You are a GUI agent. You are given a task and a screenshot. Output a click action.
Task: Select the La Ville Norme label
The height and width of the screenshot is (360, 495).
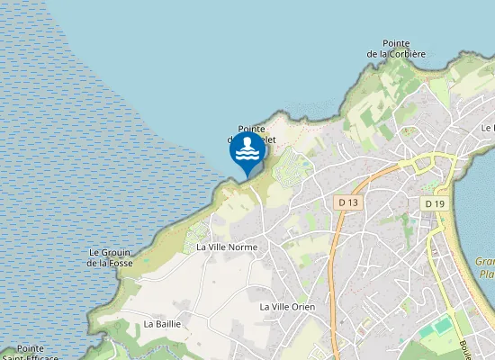point(227,247)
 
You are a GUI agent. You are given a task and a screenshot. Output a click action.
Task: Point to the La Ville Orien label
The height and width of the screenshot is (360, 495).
point(288,307)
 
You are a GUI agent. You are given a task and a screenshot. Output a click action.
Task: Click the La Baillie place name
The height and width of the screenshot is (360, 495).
point(163,323)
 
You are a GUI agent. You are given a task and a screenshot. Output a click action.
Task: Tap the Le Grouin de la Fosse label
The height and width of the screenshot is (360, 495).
point(110,257)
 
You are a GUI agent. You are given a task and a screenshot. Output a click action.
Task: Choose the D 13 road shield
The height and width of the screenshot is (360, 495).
point(348,203)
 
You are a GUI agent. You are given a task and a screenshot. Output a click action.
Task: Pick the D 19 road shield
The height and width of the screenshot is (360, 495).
point(435,204)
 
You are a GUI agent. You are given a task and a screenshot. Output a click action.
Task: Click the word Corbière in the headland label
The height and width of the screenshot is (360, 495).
point(404,54)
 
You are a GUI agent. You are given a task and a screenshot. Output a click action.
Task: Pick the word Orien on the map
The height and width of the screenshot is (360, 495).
point(303,307)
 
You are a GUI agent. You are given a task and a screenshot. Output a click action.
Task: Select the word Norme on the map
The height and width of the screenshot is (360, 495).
point(243,247)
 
